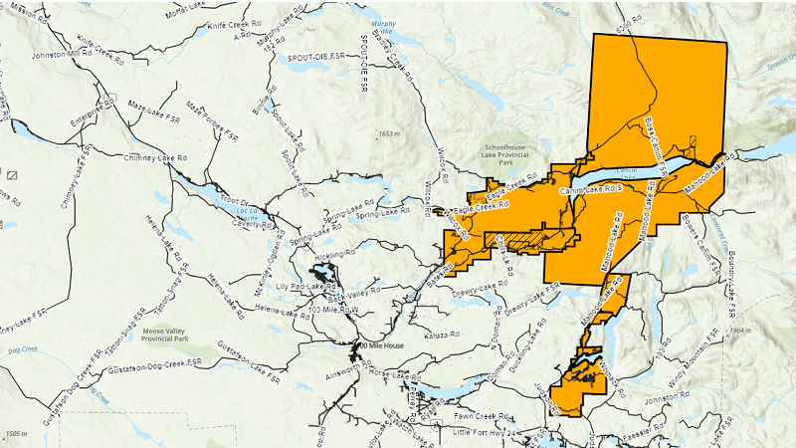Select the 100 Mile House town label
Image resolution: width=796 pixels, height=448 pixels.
[380, 345]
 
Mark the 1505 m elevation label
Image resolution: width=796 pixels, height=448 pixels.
[18, 434]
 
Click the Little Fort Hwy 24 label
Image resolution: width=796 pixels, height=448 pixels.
[487, 433]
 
